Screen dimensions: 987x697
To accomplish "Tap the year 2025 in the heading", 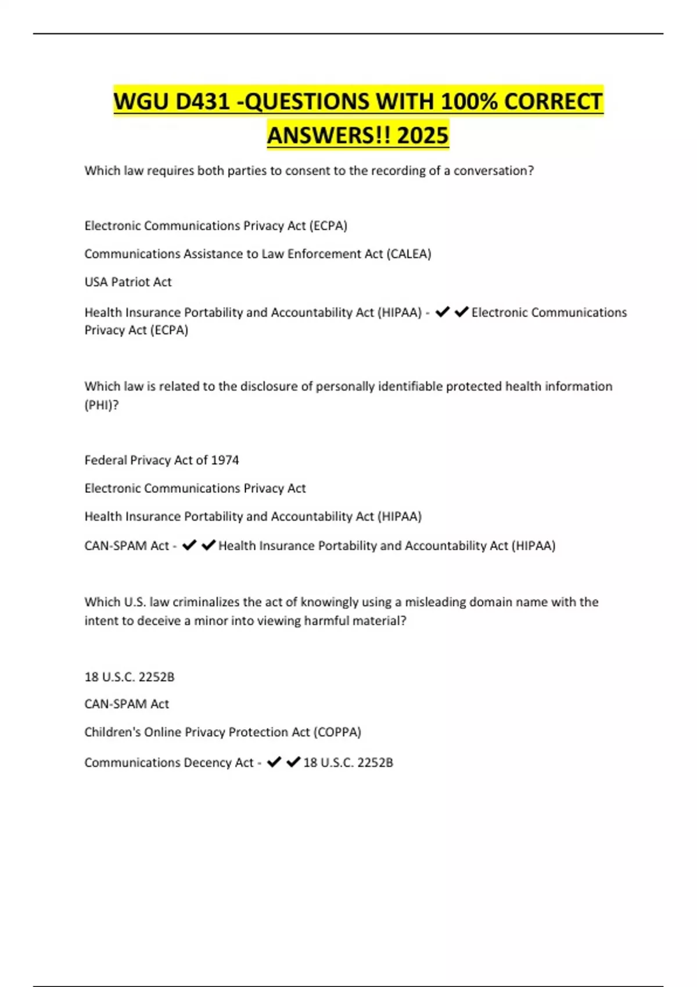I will (x=423, y=135).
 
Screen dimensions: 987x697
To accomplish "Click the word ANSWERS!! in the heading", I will (x=329, y=135).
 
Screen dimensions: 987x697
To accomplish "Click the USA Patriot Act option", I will (x=128, y=282).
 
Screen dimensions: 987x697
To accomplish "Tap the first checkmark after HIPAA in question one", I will (x=443, y=312).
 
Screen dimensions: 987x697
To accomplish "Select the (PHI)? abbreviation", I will (x=102, y=405).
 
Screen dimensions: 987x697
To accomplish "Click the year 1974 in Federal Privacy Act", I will (x=225, y=460).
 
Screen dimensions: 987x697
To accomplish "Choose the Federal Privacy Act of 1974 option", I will (x=161, y=460).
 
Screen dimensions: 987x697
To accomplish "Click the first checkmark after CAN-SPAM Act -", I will (x=189, y=546).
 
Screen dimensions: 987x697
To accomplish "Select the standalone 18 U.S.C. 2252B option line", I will (x=129, y=677).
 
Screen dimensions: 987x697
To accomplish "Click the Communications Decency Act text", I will (x=168, y=763).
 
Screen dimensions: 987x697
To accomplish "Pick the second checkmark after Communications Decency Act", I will (x=293, y=762).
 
